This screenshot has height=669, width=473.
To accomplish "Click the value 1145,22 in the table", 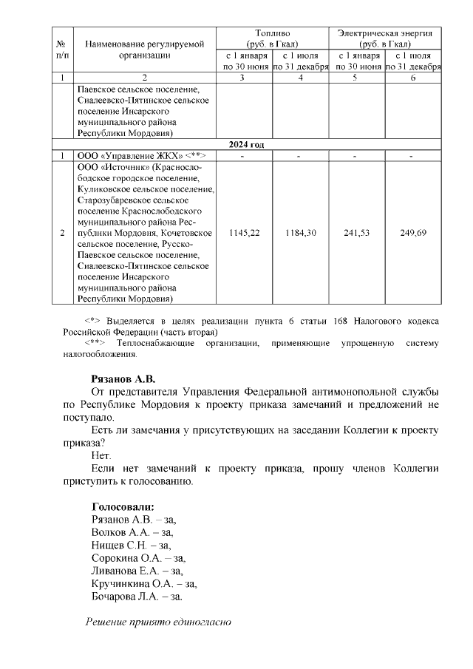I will pyautogui.click(x=245, y=234).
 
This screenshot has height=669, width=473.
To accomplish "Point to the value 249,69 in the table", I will pyautogui.click(x=414, y=234).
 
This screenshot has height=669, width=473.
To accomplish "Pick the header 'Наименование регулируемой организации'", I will pyautogui.click(x=144, y=50).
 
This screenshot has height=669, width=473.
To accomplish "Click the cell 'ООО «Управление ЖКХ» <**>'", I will pyautogui.click(x=144, y=156).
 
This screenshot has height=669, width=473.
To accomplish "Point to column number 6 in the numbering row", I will pyautogui.click(x=414, y=77).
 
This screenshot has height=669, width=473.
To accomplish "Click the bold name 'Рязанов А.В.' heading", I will pyautogui.click(x=123, y=378).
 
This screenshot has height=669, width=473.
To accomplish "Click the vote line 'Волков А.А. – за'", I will pyautogui.click(x=132, y=532).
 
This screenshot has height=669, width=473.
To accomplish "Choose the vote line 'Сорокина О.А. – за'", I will pyautogui.click(x=137, y=558).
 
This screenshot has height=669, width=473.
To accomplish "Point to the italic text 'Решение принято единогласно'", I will pyautogui.click(x=159, y=622).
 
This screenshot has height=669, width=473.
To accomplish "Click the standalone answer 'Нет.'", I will pyautogui.click(x=101, y=455).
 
